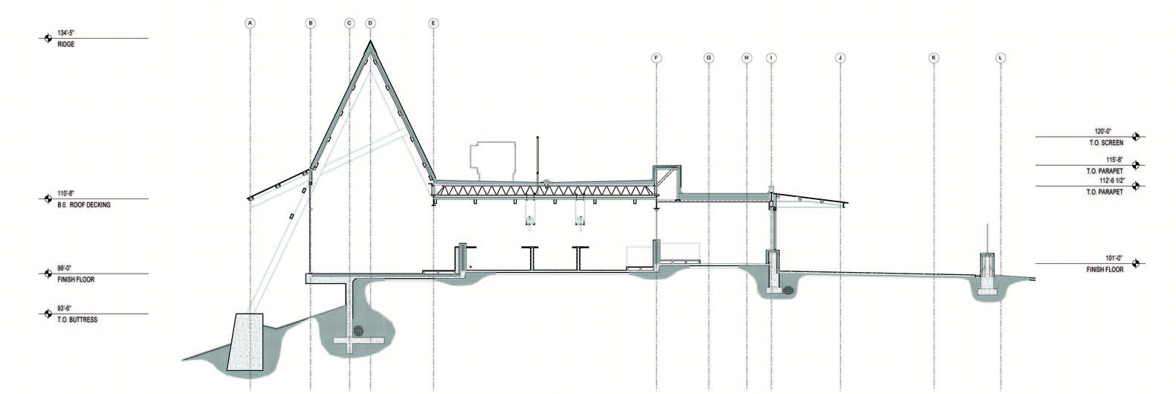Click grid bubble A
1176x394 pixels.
point(251,23)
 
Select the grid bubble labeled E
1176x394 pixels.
point(433,23)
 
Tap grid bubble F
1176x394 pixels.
point(656,58)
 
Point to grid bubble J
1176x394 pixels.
point(840,58)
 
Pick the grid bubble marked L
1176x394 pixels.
point(1000,58)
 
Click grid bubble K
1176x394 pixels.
point(934,58)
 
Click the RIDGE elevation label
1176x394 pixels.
point(66,45)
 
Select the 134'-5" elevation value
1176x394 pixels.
point(66,33)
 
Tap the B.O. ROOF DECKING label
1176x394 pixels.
point(84,205)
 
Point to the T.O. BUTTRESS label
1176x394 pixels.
point(77,320)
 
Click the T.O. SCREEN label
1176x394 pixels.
point(1106,143)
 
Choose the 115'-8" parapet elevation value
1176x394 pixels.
point(1114,160)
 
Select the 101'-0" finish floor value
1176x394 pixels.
point(1114,258)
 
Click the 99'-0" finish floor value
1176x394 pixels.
point(65,268)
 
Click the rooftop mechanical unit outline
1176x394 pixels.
point(492,161)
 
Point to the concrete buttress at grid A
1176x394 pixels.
point(245,343)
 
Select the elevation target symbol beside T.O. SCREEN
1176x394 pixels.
point(1136,137)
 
